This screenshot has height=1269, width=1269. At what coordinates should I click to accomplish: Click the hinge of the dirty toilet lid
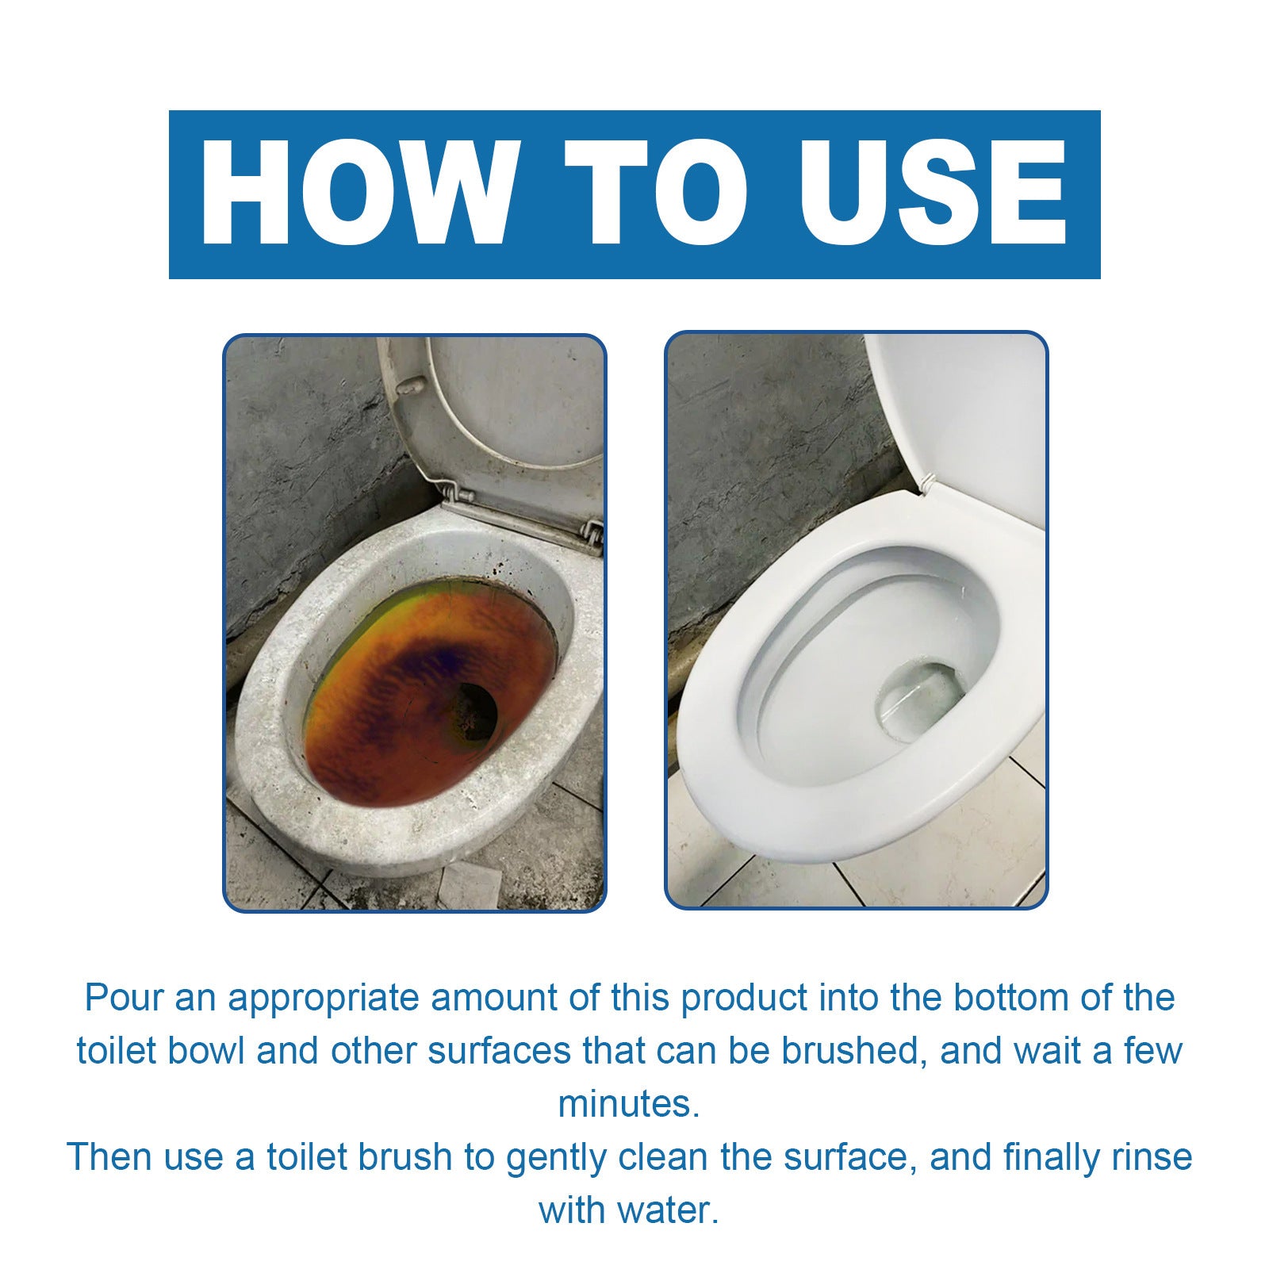coord(460,496)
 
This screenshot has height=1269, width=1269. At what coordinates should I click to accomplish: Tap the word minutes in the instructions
coord(628,1104)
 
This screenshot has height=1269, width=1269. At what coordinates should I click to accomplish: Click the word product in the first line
coord(743,998)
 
